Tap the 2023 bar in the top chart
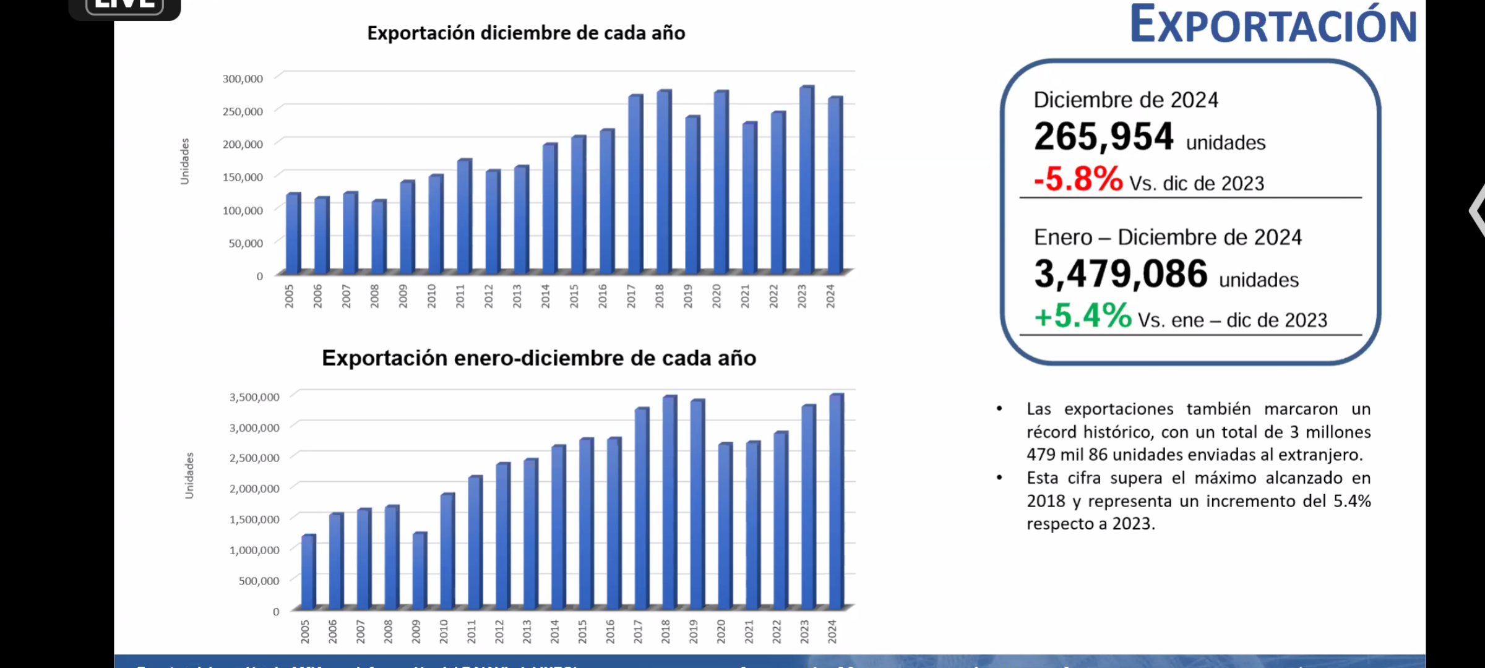806,180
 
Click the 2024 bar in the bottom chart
835,501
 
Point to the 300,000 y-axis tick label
243,79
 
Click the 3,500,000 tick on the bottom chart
254,397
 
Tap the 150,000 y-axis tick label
243,177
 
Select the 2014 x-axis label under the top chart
545,296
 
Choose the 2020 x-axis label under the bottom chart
721,632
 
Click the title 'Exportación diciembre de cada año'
526,33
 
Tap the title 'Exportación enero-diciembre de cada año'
539,358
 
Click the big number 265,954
1103,137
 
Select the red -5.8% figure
1078,179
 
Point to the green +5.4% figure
1083,316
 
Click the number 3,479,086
1121,274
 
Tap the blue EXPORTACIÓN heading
1273,25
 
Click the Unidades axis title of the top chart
184,161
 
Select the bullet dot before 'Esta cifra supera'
999,477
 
